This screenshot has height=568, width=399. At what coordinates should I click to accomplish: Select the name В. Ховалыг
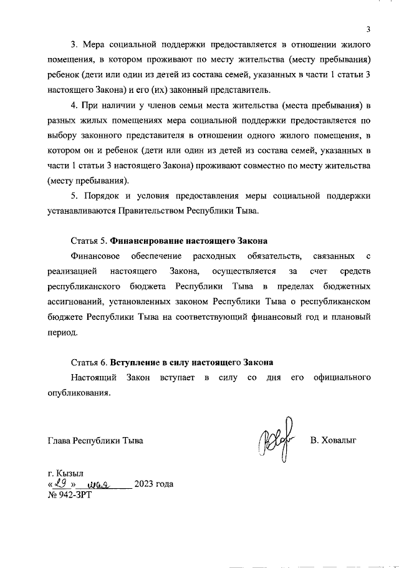337,441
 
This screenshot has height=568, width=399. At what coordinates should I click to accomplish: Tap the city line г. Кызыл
65,472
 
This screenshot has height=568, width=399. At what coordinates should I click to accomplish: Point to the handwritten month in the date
100,484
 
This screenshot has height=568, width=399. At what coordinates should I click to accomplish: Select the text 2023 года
154,484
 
